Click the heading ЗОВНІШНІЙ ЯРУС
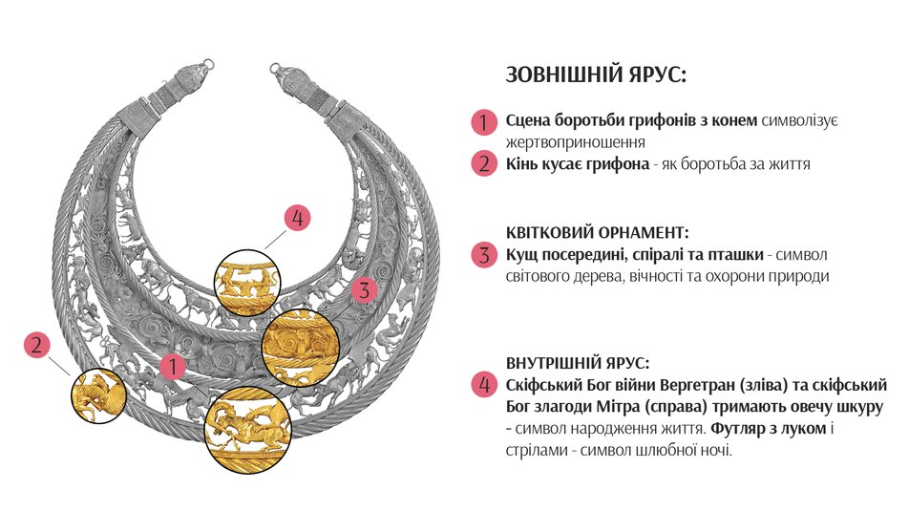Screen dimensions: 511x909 [x=595, y=75]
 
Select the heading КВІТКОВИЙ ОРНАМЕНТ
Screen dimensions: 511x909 [x=597, y=233]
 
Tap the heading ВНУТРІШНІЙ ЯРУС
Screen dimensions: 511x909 [x=578, y=363]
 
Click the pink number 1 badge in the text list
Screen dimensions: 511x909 [x=483, y=122]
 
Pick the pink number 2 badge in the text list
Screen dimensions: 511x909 [x=483, y=163]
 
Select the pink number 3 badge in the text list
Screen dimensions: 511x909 [x=483, y=255]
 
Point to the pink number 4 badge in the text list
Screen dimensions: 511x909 [x=483, y=385]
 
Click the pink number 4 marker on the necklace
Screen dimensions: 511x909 [x=298, y=218]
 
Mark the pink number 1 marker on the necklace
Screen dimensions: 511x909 [x=173, y=365]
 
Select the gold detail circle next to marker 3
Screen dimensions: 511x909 [x=300, y=346]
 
